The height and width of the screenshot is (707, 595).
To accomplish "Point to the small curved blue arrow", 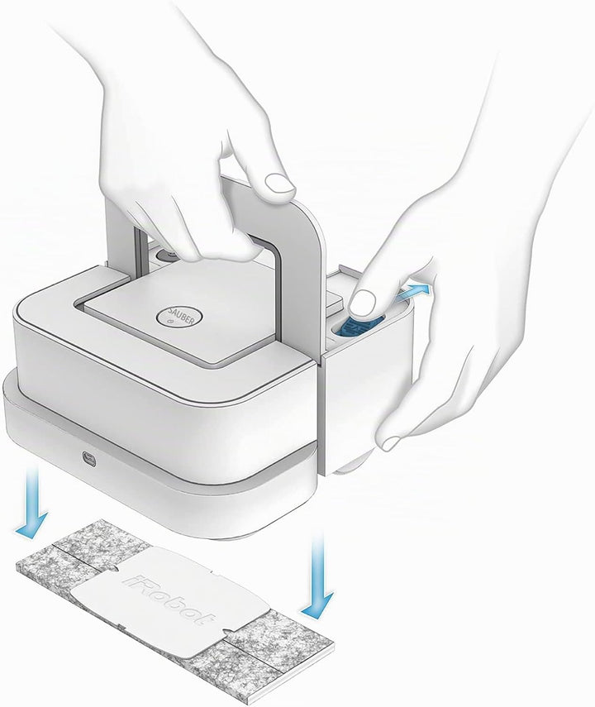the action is point(414,291).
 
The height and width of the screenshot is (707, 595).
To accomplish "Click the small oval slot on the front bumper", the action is point(88,459).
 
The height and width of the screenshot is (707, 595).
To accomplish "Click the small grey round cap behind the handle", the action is point(168,255).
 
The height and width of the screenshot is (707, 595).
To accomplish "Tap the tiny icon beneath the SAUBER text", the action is point(172,322).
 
